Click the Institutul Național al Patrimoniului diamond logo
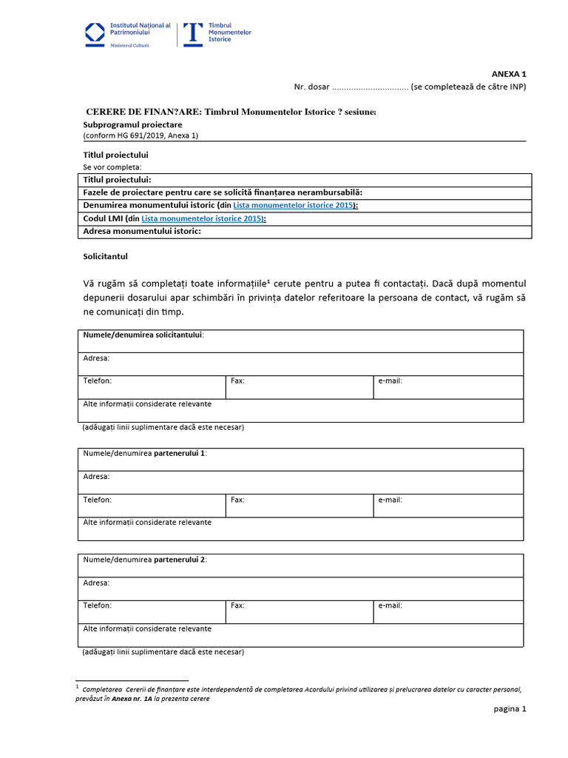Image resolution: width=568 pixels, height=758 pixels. pos(95,33)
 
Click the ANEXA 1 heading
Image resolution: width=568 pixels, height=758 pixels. pos(509,74)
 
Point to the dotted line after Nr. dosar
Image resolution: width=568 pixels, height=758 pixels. pos(370,87)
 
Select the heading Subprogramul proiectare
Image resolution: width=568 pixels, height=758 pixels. pos(132,125)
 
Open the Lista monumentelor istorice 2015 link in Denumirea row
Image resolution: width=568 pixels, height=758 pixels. pos(293,205)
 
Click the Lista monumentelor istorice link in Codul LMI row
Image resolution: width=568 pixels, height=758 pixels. pos(203,218)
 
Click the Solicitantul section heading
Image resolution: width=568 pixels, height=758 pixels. pos(106,256)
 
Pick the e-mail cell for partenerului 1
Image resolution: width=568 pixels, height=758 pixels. pos(447,506)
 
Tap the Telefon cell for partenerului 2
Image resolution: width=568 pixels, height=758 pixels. pos(151,611)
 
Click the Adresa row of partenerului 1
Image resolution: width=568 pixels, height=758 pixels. pos(300,482)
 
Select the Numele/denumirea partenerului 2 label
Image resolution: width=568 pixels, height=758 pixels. pos(145,560)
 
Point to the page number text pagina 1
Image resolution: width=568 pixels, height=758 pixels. pos(510,708)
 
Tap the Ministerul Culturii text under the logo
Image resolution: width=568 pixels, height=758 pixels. pos(129,45)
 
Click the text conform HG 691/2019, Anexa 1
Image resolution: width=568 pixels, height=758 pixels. pos(141,135)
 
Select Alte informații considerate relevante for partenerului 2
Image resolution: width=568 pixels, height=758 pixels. pos(147,628)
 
